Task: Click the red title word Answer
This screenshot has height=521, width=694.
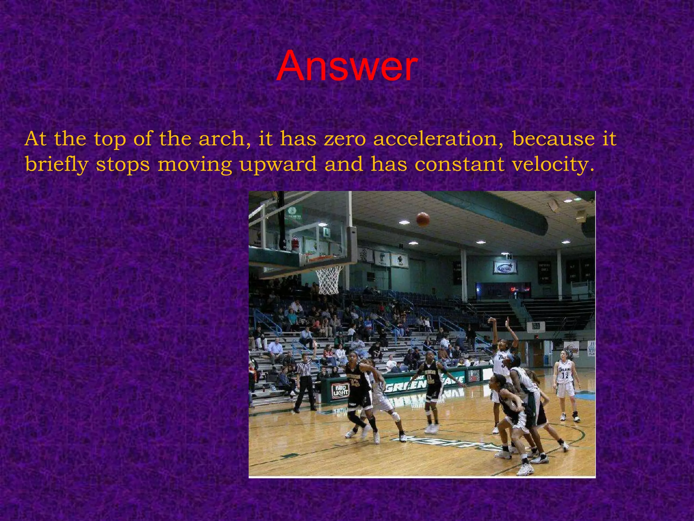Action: [x=346, y=66]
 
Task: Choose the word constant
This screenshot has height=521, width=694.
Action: [x=460, y=165]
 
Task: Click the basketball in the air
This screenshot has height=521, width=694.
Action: [x=423, y=219]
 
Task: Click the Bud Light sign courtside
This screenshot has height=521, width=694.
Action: [x=341, y=391]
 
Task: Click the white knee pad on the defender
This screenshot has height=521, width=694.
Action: [x=395, y=416]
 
